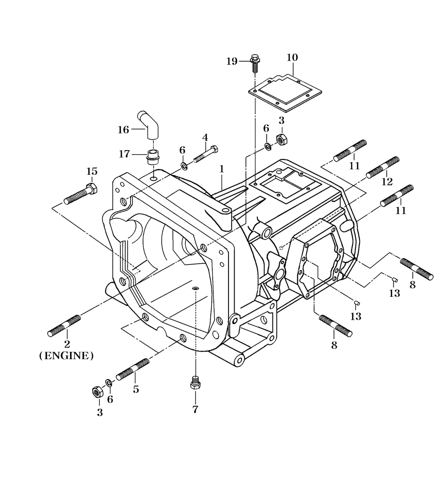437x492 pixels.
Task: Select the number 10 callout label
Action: (292, 57)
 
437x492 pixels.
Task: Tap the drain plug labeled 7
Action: (195, 382)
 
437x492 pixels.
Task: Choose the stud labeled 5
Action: (132, 369)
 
